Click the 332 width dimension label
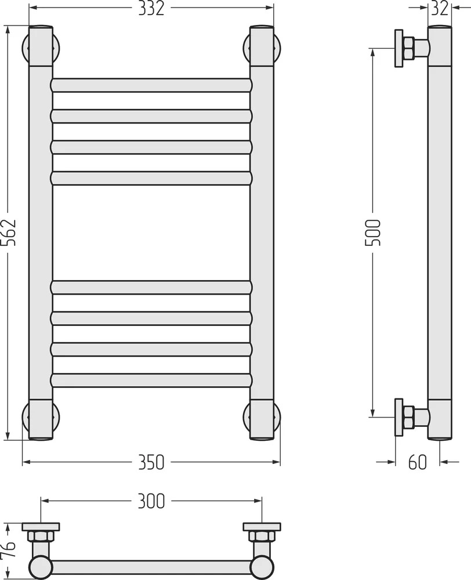pos(151,9)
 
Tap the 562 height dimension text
pos(9,233)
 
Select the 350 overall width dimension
pos(151,462)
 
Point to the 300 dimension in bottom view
pos(151,501)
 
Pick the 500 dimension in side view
pos(372,233)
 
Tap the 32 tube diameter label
pos(440,9)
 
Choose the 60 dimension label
pos(418,462)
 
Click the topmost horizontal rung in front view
pos(151,85)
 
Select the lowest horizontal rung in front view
pos(151,380)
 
